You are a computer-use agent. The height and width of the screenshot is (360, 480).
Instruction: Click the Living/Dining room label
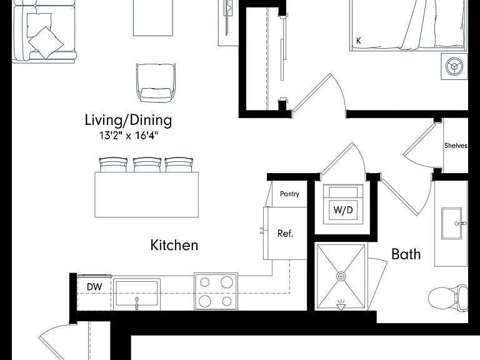pos(128,120)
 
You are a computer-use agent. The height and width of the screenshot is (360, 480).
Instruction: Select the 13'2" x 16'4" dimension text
pos(129,135)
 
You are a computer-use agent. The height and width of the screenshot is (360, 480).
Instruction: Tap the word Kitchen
pos(174,245)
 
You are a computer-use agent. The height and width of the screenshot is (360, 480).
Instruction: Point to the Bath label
pos(406,254)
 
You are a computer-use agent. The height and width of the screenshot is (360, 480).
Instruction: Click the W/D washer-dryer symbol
pos(343,204)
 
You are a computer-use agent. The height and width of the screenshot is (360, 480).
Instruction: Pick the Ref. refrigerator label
pos(285,234)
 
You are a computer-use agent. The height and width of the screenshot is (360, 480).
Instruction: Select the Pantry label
pos(289,194)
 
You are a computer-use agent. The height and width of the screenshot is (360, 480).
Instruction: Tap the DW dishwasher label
pos(94,287)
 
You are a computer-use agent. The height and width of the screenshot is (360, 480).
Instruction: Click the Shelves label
pos(456,146)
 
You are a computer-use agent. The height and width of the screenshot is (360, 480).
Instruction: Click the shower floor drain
pos(341,276)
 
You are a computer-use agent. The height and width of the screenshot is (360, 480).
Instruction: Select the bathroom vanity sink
pos(451,224)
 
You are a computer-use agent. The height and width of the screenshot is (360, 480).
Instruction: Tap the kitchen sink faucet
pos(136,303)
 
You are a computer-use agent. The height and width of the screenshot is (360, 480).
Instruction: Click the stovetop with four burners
pos(216,291)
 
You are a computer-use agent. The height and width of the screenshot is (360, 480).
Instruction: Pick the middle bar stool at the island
pos(147,165)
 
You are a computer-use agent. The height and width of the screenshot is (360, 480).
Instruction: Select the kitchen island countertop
pos(147,195)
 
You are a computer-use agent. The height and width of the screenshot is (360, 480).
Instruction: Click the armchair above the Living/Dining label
pos(156,82)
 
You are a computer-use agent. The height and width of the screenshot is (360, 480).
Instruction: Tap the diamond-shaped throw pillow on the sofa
pos(46,42)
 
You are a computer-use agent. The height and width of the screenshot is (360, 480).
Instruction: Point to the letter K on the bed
pos(359,41)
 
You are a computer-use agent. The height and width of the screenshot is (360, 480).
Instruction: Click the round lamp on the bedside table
pos(454,66)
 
